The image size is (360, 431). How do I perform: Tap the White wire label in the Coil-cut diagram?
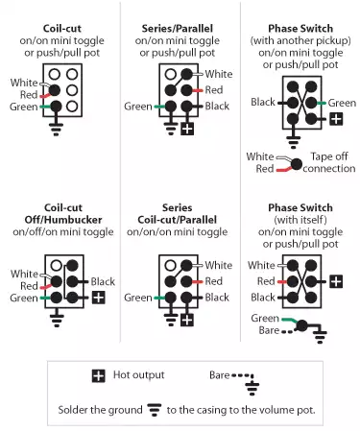pyautogui.click(x=25, y=82)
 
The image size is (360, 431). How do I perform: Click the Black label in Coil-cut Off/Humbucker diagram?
pyautogui.click(x=104, y=282)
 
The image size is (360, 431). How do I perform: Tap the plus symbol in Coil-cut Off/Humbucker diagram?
pyautogui.click(x=99, y=299)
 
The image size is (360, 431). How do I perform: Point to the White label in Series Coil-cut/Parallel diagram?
pyautogui.click(x=219, y=266)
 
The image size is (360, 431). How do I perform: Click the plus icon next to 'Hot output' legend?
pyautogui.click(x=98, y=375)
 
